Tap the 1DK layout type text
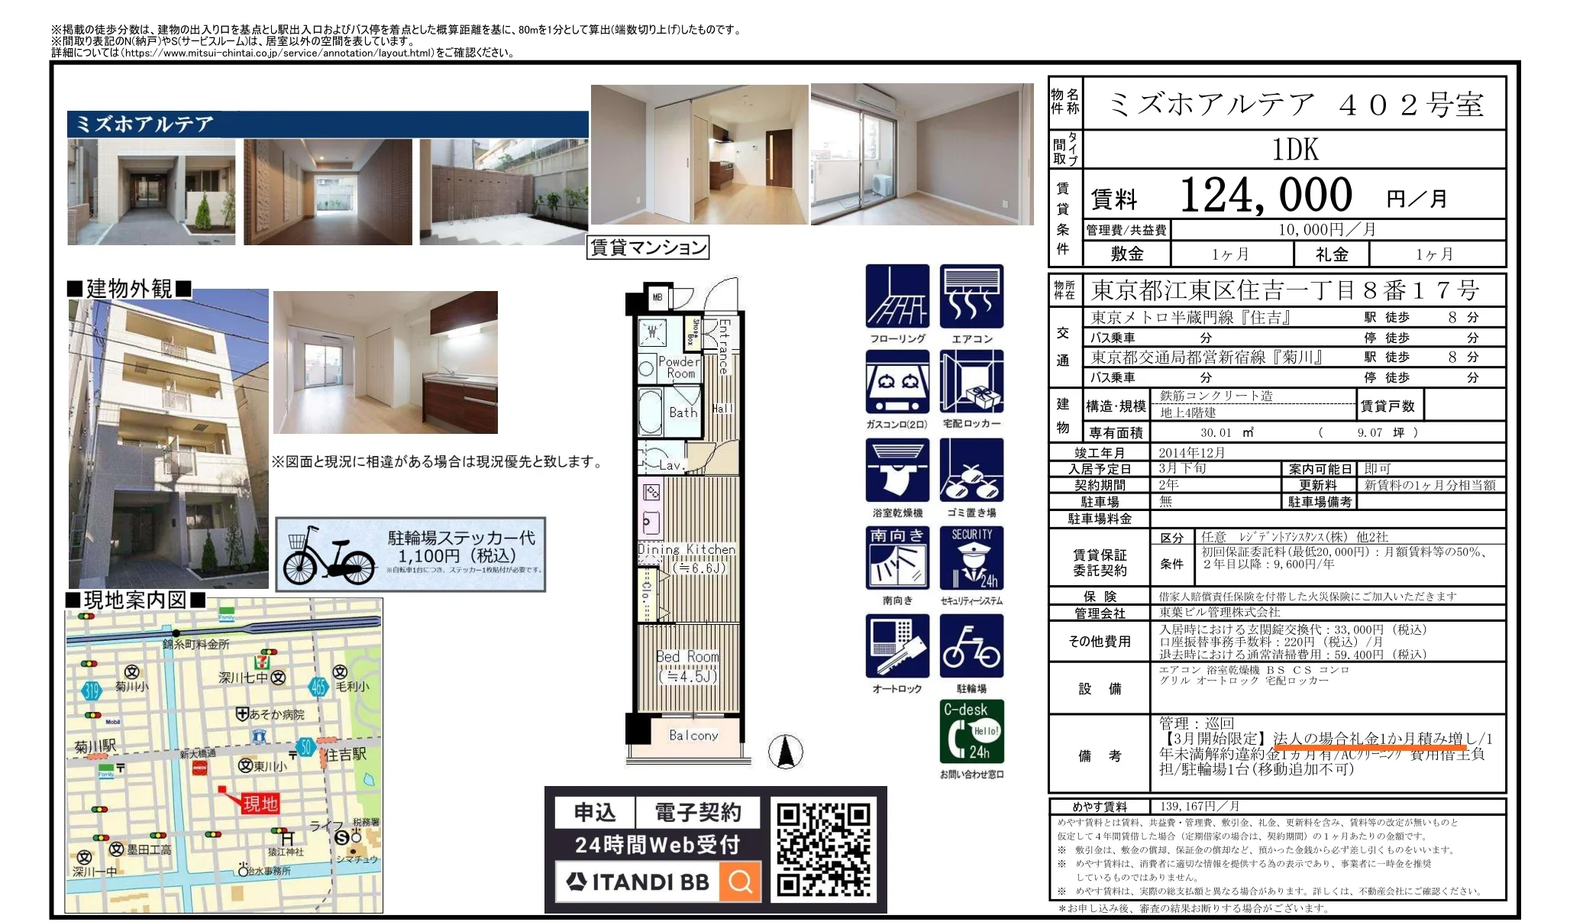click(x=1295, y=150)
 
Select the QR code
click(x=824, y=849)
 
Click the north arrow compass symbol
click(x=786, y=751)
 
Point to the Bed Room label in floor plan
click(x=687, y=657)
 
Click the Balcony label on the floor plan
click(x=693, y=736)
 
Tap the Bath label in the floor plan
click(x=683, y=412)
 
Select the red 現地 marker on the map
click(x=260, y=803)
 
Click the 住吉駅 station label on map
click(x=347, y=755)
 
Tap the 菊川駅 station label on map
click(x=95, y=746)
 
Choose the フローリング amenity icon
click(x=897, y=297)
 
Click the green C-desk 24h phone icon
click(x=971, y=731)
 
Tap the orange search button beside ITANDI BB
click(x=739, y=882)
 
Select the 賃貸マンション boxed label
click(x=648, y=247)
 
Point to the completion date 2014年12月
click(x=1191, y=452)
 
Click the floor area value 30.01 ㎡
click(x=1216, y=432)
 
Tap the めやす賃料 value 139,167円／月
click(x=1199, y=806)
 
